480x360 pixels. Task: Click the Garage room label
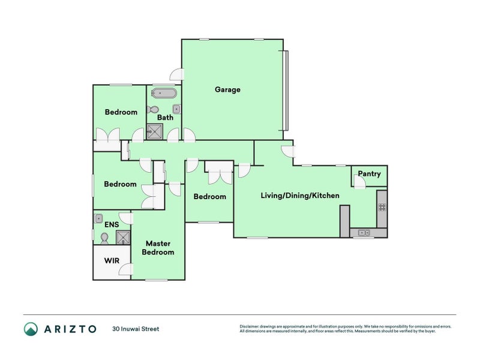[x=227, y=89]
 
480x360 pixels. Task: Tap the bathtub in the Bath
[x=164, y=94]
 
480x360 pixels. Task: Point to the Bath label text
[x=165, y=118]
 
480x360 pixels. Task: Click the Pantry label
[x=369, y=174]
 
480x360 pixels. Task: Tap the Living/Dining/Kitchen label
[x=299, y=196]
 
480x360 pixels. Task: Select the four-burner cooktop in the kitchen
[x=382, y=208]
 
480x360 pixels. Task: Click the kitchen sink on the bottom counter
[x=363, y=232]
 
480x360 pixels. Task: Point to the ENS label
[x=111, y=224]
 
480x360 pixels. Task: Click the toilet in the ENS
[x=104, y=238]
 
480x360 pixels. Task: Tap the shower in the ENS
[x=123, y=237]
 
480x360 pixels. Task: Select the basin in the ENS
[x=100, y=218]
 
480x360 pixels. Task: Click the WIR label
[x=111, y=261]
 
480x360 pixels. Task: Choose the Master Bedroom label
[x=158, y=248]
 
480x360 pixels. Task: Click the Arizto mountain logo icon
[x=31, y=329]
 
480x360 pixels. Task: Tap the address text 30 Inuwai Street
[x=136, y=329]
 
